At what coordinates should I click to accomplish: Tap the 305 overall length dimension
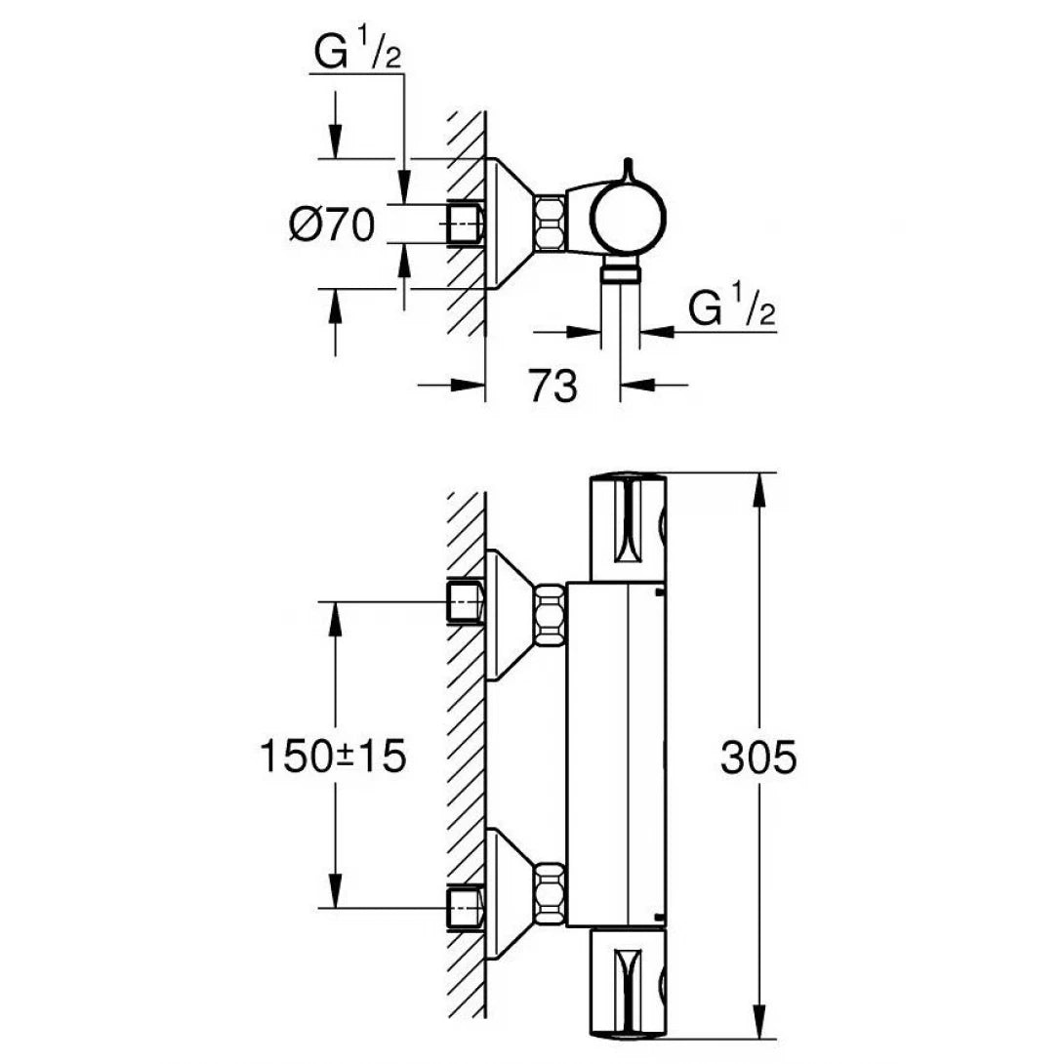(758, 757)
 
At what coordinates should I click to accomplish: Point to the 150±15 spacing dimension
(332, 757)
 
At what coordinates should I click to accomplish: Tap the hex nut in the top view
(550, 222)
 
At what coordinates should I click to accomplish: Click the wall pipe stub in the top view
(465, 223)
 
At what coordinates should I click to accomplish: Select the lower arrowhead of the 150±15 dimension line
(335, 893)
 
